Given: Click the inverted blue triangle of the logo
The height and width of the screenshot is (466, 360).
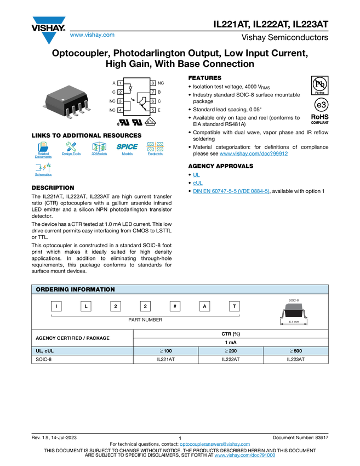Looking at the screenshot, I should click(49, 38).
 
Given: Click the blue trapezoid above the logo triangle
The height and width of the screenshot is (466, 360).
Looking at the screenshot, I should click(49, 21).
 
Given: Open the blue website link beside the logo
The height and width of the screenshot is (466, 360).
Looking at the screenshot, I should click(92, 36).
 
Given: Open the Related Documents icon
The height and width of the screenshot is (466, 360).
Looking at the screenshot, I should click(43, 150).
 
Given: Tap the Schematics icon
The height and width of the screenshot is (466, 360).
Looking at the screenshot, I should click(43, 170).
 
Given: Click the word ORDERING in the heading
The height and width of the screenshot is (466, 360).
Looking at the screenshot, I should click(52, 289).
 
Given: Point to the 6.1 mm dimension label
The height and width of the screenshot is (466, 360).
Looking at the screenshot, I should click(294, 322).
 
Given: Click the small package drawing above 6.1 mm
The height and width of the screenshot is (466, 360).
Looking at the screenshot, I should click(294, 307).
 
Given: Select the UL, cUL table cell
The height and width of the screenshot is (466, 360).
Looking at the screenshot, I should click(82, 351).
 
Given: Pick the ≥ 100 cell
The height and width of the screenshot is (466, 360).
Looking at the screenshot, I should click(165, 351).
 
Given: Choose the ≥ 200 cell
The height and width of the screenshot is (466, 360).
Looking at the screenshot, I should click(230, 351).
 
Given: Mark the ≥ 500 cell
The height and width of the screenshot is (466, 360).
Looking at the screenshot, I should click(296, 351).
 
